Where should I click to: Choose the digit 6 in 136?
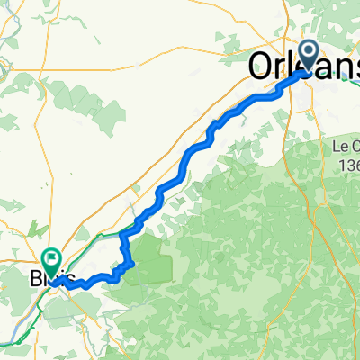[355, 166]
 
